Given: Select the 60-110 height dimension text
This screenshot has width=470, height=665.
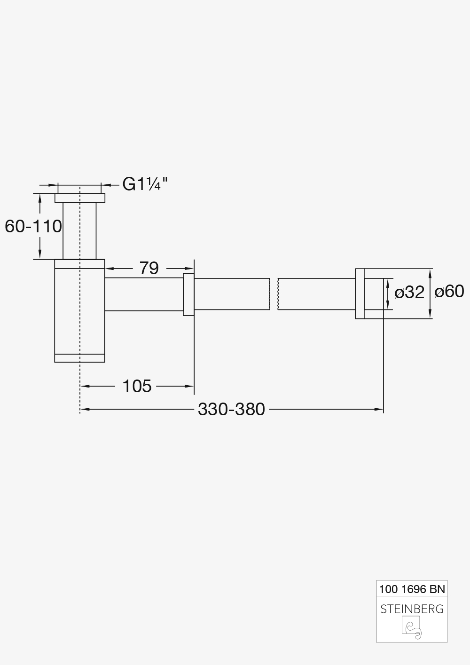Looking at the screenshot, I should click(x=33, y=226).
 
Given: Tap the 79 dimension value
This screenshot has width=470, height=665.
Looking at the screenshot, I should click(x=149, y=269).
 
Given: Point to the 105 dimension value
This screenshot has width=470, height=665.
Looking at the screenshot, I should click(x=137, y=386).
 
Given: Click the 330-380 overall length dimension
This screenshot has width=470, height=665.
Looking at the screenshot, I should click(x=231, y=409).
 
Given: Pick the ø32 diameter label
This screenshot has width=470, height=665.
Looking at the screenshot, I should click(x=409, y=293).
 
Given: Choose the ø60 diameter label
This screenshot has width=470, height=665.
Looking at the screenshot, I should click(x=449, y=292).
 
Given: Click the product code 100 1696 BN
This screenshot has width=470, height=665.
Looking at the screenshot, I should click(x=412, y=588).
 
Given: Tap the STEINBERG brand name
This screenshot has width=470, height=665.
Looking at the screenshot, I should click(x=412, y=609).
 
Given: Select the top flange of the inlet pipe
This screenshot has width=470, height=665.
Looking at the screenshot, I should click(x=80, y=198).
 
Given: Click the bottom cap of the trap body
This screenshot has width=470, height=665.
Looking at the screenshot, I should click(x=80, y=358).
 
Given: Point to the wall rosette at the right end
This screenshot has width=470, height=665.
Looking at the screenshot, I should click(x=360, y=294).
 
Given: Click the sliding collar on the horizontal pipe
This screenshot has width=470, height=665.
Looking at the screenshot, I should click(x=188, y=294).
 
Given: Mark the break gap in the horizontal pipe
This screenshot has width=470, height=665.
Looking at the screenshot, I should click(x=274, y=294).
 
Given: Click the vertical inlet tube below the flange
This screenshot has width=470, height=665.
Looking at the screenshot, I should click(x=80, y=230).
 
